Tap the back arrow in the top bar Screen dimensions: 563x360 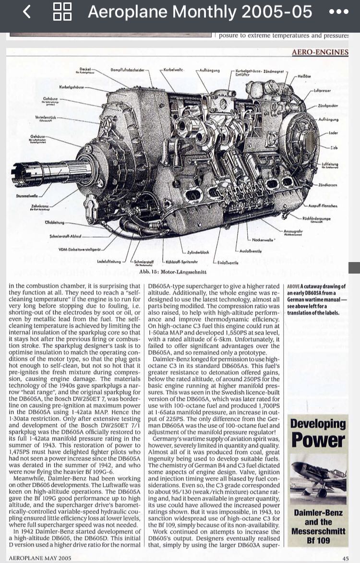coord(27,12)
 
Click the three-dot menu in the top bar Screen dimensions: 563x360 coord(339,12)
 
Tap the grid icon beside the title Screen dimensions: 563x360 coord(62,12)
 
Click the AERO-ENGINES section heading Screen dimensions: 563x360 coord(320,52)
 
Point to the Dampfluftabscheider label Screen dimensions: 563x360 coord(127,71)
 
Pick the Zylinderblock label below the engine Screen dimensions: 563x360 coord(198,252)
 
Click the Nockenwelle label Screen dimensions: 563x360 coord(263,239)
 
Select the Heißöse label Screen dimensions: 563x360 coord(305,76)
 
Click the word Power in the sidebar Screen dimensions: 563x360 coord(318,441)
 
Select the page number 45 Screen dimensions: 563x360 coord(345,558)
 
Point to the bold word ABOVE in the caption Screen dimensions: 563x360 coord(294,287)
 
